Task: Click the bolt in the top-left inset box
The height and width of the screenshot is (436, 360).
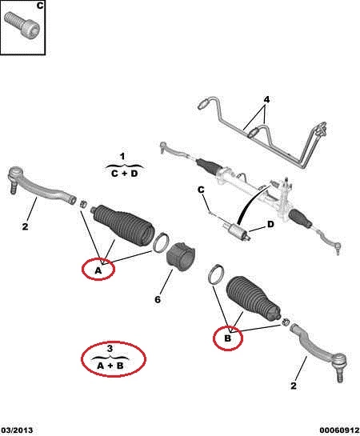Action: [22, 26]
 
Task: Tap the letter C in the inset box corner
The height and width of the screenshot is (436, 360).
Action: [40, 6]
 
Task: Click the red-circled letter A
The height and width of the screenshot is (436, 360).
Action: [98, 270]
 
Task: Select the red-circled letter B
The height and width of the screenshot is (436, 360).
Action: [227, 338]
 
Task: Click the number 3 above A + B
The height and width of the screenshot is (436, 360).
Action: [110, 348]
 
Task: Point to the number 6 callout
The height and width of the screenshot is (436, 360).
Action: [158, 299]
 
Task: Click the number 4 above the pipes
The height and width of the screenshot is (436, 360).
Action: [266, 99]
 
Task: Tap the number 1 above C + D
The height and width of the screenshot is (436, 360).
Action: [122, 156]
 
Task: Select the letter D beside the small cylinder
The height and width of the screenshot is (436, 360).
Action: [270, 224]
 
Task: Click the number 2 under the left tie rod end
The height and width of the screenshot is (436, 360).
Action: [25, 226]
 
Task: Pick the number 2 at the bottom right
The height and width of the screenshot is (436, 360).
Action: [294, 386]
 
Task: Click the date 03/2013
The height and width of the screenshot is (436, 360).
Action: [17, 430]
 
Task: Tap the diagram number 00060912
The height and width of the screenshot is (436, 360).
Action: [339, 430]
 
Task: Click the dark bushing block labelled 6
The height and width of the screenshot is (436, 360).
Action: [181, 256]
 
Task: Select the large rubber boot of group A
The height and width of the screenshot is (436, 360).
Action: [124, 226]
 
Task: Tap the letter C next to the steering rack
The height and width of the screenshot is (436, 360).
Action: [201, 190]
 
